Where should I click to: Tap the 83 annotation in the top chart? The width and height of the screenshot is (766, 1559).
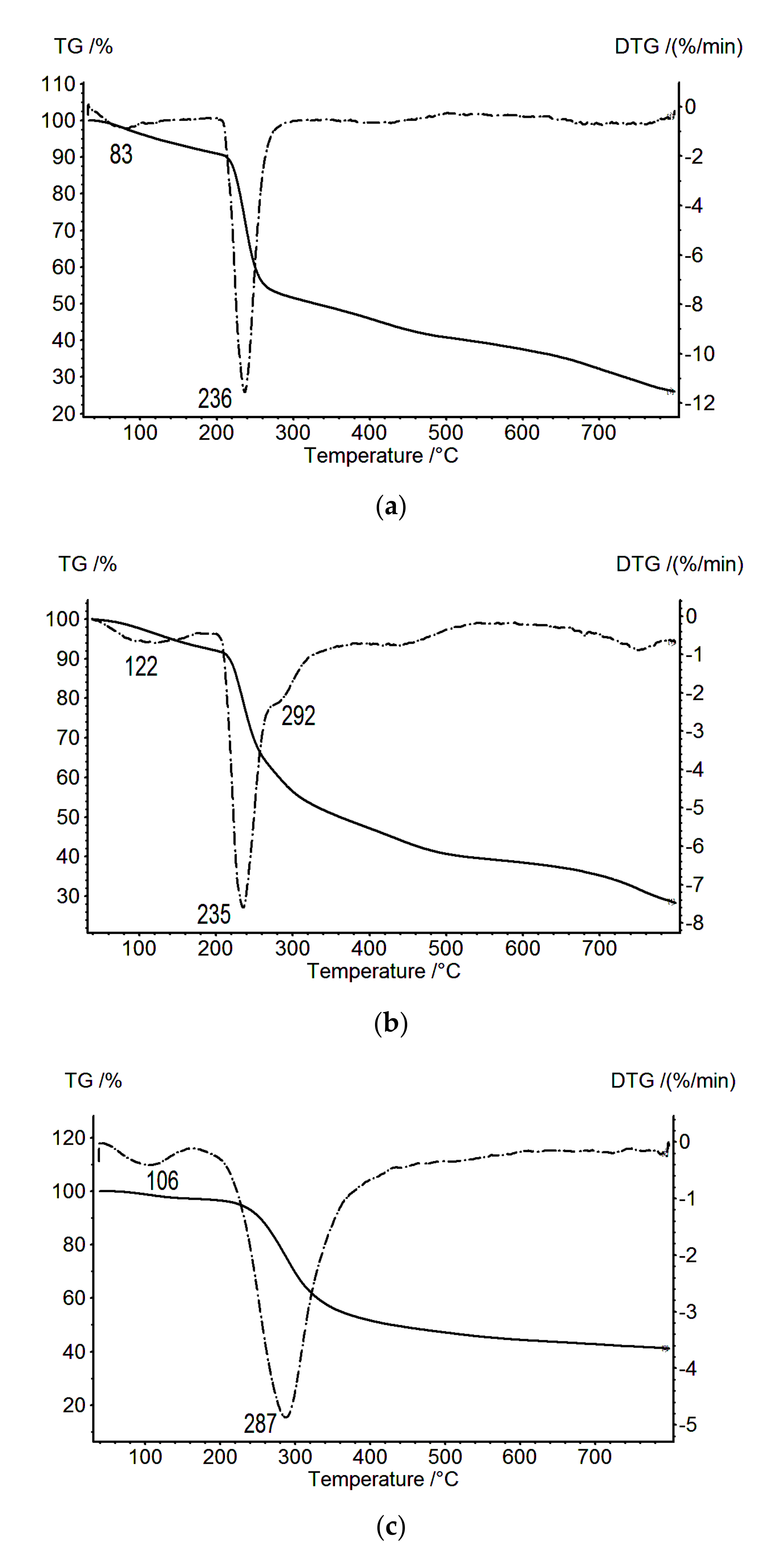(121, 154)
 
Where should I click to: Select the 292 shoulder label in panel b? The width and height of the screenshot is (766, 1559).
(298, 717)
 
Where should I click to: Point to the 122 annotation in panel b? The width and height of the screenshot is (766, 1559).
(141, 667)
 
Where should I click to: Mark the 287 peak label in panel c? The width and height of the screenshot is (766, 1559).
(260, 1423)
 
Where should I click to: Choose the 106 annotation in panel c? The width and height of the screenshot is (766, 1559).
(162, 1181)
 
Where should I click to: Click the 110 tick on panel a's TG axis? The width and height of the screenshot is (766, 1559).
(58, 84)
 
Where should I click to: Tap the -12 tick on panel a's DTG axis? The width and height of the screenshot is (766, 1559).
(700, 403)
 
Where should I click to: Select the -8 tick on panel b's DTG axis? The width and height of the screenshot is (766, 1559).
(695, 923)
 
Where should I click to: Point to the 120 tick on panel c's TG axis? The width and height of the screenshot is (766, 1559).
(68, 1138)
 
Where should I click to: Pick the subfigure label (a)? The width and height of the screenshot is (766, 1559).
(390, 506)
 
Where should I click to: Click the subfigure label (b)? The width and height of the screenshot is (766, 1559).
(390, 1023)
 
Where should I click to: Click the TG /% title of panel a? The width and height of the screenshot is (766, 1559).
(83, 47)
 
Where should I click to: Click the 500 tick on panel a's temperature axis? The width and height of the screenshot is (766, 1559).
(445, 433)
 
